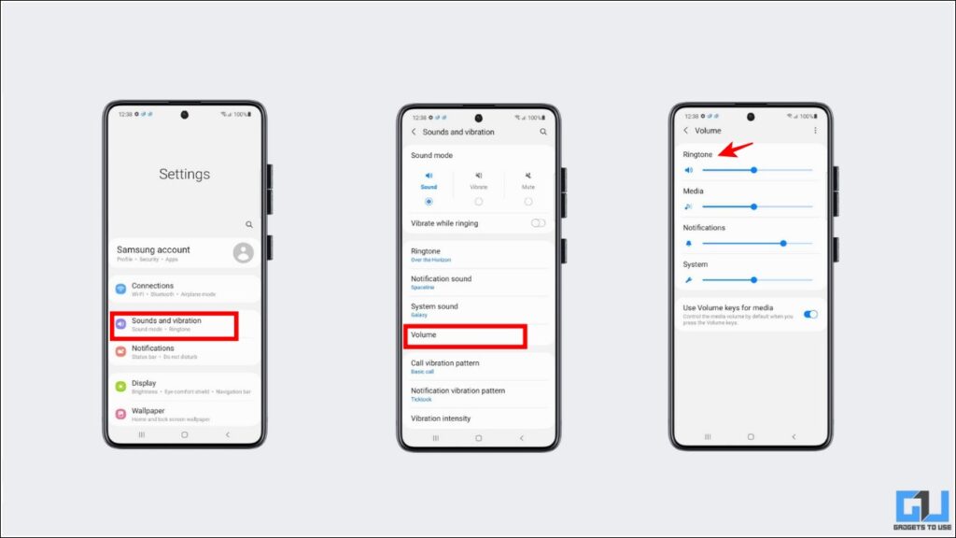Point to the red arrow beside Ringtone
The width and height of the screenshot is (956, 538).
coord(738,149)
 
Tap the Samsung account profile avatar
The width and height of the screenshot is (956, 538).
coord(243,252)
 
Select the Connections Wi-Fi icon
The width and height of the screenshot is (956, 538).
coord(121,289)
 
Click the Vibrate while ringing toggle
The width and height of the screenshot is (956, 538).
coord(538,223)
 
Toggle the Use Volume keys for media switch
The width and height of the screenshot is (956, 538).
coord(810,314)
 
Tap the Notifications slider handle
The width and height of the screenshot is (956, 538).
coord(783,243)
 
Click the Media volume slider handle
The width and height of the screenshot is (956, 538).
coord(753,206)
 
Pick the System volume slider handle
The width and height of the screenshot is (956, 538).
coord(753,279)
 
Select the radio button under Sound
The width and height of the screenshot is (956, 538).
coord(429,201)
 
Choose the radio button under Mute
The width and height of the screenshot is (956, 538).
coord(528,201)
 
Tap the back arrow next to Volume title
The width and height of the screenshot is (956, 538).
coord(686,131)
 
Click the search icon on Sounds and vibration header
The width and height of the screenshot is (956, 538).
coord(543,133)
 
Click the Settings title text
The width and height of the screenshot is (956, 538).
coord(184,174)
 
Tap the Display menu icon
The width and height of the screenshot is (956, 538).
coord(121,386)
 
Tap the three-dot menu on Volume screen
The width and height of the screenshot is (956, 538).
coord(815,131)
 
